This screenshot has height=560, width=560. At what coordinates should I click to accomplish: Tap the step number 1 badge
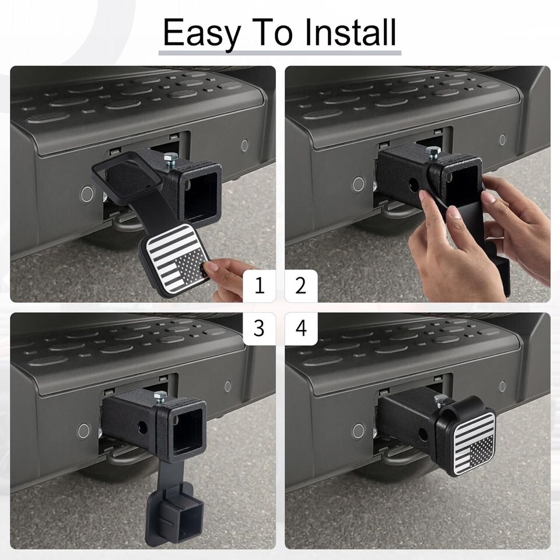[x=259, y=286]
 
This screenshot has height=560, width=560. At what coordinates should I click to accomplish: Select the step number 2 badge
[x=301, y=286]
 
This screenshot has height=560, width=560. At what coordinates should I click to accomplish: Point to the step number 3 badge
[x=259, y=328]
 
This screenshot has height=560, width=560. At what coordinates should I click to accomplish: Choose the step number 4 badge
[x=301, y=328]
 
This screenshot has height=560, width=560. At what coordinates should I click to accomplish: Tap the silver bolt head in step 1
[x=171, y=157]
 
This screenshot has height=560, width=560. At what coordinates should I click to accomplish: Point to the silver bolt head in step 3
[x=160, y=395]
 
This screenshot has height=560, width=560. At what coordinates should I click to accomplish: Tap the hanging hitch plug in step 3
[x=174, y=514]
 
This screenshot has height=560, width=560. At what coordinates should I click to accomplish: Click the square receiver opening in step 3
[x=187, y=431]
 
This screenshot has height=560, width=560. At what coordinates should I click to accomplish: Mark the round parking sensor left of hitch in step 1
[x=87, y=194]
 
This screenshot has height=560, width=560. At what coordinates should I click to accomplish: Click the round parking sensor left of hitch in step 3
[x=83, y=431]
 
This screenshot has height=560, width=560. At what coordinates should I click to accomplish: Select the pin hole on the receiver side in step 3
[x=142, y=427]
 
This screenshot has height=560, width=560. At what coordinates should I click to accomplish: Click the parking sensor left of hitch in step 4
[x=358, y=431]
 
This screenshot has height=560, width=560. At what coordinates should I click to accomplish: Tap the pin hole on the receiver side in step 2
[x=414, y=184]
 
